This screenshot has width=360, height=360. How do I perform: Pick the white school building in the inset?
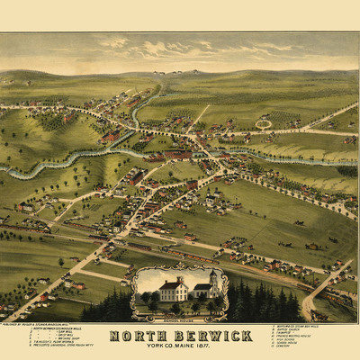pyautogui.click(x=174, y=291)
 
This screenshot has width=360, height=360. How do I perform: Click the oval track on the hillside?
pyautogui.click(x=263, y=124)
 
